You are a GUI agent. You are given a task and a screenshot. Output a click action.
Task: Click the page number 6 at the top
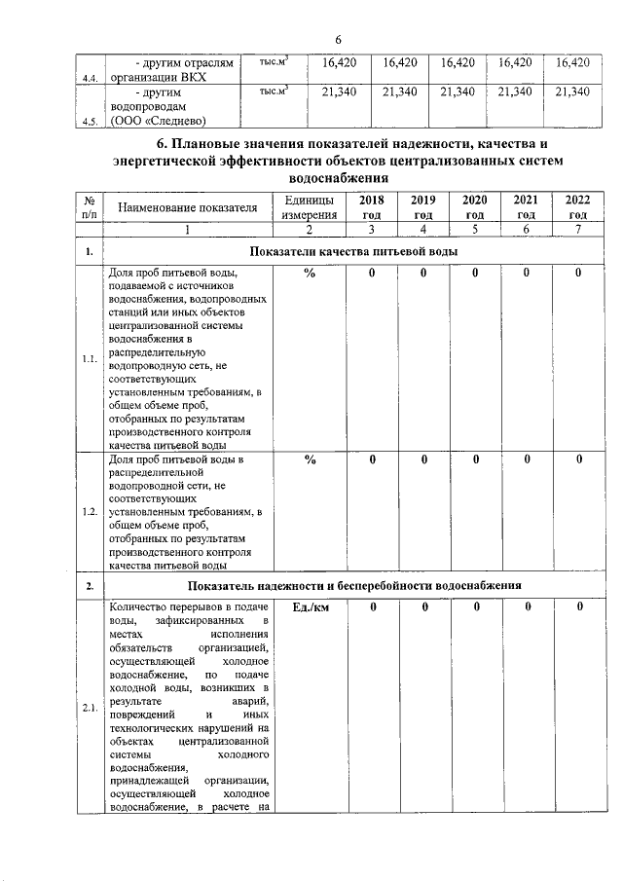pos(337,39)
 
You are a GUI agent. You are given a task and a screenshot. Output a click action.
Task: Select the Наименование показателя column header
pos(187,207)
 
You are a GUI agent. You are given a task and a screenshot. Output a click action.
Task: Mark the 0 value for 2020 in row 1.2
pos(475,460)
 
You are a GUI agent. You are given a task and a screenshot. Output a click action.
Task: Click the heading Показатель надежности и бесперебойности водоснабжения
pos(355,586)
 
